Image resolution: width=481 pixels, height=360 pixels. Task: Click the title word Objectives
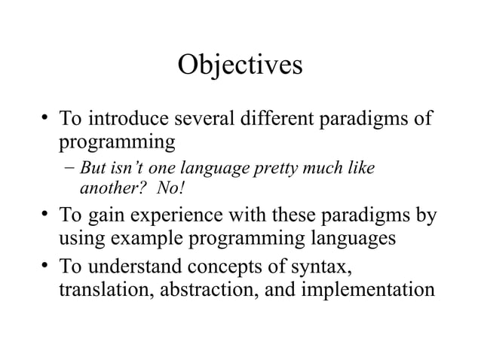240,66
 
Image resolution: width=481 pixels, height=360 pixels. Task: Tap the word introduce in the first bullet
129,119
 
